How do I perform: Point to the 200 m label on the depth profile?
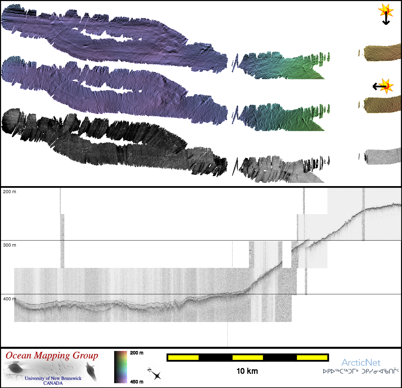pyautogui.click(x=10, y=192)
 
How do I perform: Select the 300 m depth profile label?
pyautogui.click(x=10, y=245)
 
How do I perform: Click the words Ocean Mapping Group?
pyautogui.click(x=52, y=355)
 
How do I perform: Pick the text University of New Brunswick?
pyautogui.click(x=53, y=378)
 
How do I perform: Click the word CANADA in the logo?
pyautogui.click(x=53, y=383)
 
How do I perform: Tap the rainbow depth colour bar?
pyautogui.click(x=121, y=367)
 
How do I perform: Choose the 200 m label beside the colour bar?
pyautogui.click(x=137, y=353)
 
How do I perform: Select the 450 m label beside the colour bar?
pyautogui.click(x=137, y=382)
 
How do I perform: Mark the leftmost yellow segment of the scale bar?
pyautogui.click(x=183, y=357)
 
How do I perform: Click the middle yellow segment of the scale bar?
pyautogui.click(x=248, y=357)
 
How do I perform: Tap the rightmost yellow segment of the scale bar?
pyautogui.click(x=312, y=357)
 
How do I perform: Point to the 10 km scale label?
pyautogui.click(x=247, y=371)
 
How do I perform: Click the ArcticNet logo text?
pyautogui.click(x=361, y=363)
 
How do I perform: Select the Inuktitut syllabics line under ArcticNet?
pyautogui.click(x=361, y=371)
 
